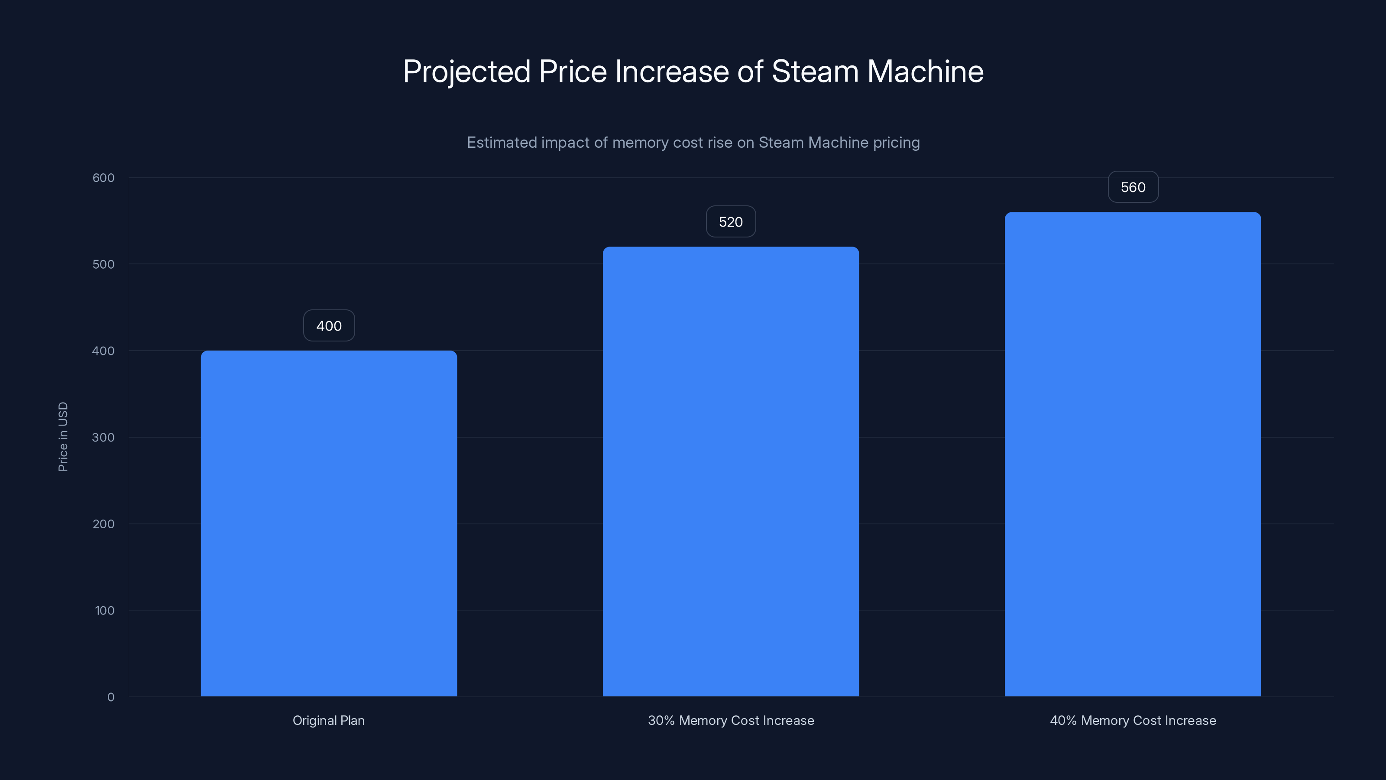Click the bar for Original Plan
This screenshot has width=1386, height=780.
coord(329,523)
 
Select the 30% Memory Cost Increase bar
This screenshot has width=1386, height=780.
coord(731,471)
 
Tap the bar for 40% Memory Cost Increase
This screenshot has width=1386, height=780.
coord(1133,454)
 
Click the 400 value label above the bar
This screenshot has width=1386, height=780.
coord(329,326)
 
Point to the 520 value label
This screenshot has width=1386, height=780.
coord(731,222)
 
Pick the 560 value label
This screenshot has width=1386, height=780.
coord(1133,187)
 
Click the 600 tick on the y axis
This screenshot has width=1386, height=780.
coord(104,178)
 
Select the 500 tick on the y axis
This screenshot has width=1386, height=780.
coord(104,264)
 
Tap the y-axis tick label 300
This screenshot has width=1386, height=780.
coord(104,437)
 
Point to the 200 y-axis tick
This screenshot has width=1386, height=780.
coord(104,524)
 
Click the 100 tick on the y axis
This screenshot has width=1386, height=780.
coord(104,611)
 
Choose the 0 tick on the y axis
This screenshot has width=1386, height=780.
coord(111,697)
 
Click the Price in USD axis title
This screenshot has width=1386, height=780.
coord(63,436)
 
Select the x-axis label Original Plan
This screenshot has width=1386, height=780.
coord(329,720)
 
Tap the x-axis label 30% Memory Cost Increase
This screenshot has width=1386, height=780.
coord(731,720)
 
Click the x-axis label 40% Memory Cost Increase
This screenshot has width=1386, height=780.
coord(1133,720)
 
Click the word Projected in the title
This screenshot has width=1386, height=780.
coord(466,71)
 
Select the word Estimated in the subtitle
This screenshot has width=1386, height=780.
coord(502,143)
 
